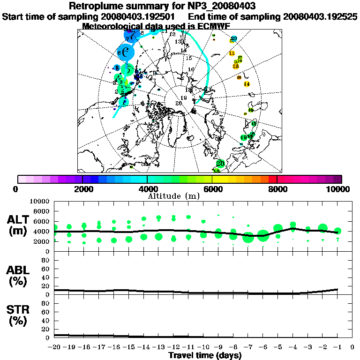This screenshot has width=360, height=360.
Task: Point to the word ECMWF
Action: tap(214, 26)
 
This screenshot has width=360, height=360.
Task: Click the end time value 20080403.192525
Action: tap(320, 16)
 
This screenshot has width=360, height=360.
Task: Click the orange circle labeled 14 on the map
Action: tap(247, 84)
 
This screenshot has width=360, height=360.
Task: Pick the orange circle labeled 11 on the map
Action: tap(232, 53)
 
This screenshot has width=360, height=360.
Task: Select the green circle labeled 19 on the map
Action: tap(243, 137)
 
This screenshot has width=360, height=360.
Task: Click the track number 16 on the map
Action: tap(191, 69)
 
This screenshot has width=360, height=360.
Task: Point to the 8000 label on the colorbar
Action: tap(277, 189)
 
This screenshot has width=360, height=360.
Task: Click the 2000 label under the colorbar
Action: tap(82, 189)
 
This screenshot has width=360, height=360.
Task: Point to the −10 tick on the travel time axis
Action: tap(202, 347)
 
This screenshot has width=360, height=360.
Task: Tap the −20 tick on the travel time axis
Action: tap(54, 347)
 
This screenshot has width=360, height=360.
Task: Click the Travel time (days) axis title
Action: tap(205, 355)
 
